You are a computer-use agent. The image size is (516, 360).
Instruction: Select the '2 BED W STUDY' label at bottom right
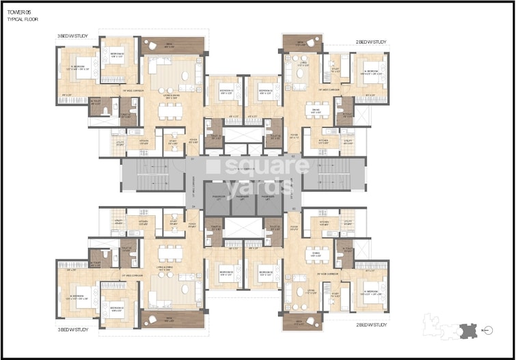371,327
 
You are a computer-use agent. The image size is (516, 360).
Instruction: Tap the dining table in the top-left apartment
170,112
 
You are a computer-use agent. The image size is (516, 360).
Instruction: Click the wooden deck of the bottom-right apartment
302,320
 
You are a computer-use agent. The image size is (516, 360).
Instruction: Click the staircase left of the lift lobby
152,176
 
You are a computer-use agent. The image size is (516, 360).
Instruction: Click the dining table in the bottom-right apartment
317,255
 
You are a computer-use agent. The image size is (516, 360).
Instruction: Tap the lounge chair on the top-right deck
311,45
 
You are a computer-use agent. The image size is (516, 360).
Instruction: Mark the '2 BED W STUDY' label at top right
371,42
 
